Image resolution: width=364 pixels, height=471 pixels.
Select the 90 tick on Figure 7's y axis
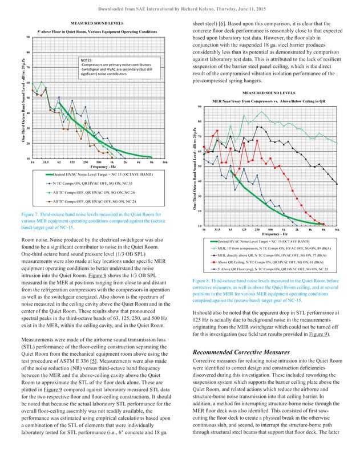[28, 38]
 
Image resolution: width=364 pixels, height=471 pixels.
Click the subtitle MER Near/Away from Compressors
[269, 100]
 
